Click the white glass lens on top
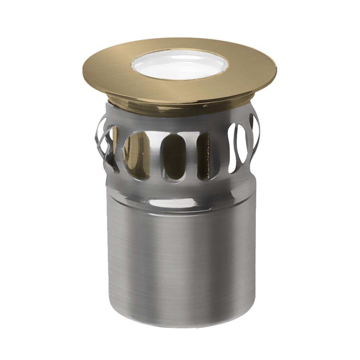pyautogui.click(x=180, y=65)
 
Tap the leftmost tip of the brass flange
pyautogui.click(x=84, y=68)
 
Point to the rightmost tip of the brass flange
pyautogui.click(x=276, y=67)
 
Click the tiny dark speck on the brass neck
pyautogui.click(x=205, y=106)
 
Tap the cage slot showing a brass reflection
pyautogui.click(x=137, y=155)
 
